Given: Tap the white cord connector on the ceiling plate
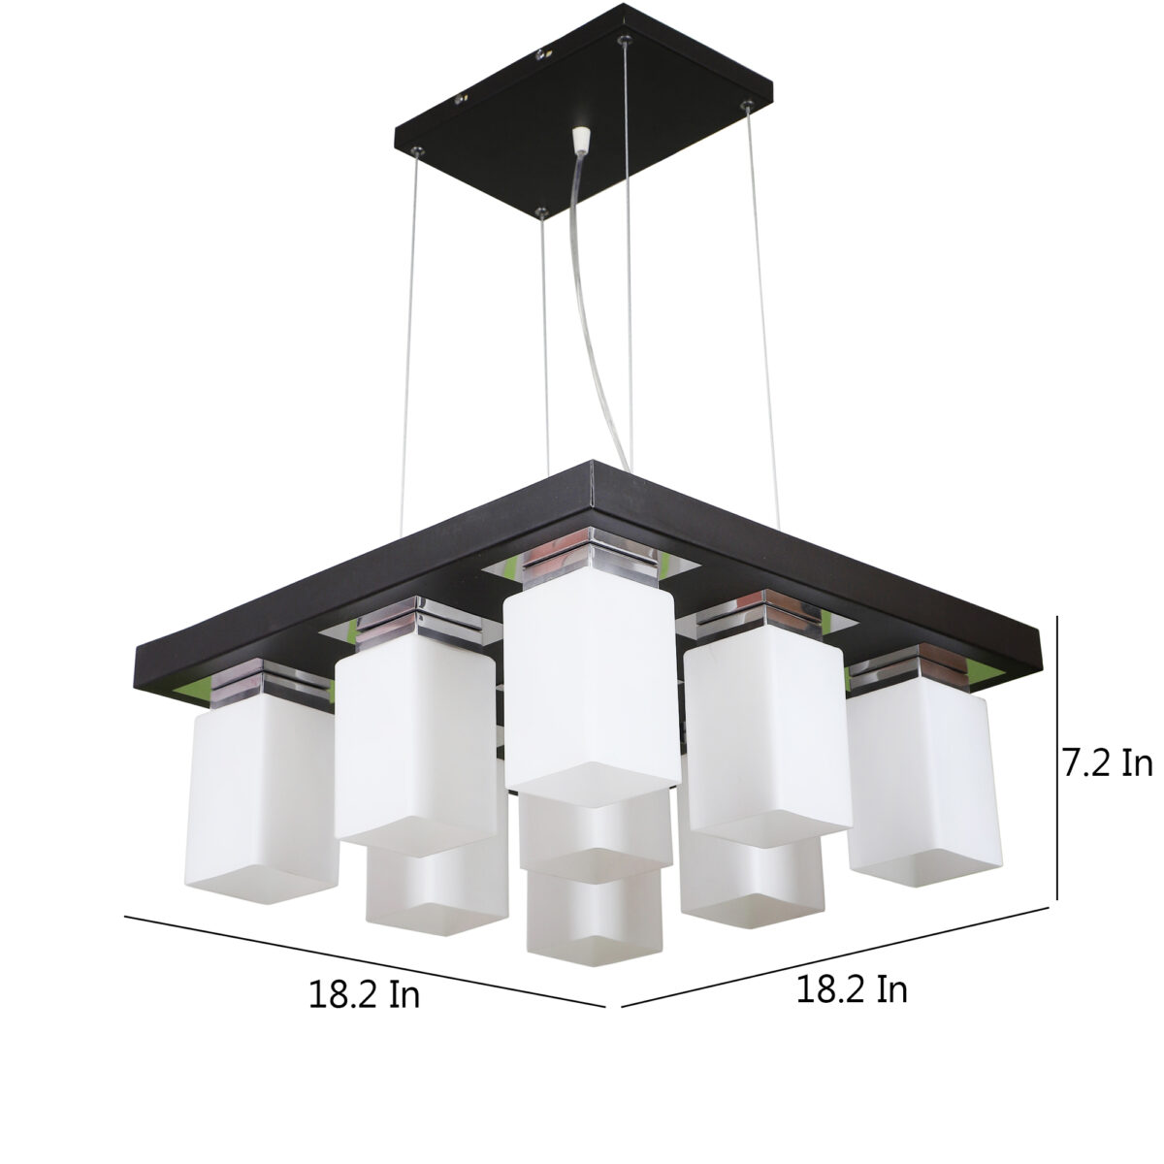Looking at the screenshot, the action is [580, 140].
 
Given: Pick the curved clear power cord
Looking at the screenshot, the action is [598, 314].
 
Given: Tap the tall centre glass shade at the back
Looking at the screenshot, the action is [592, 689].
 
